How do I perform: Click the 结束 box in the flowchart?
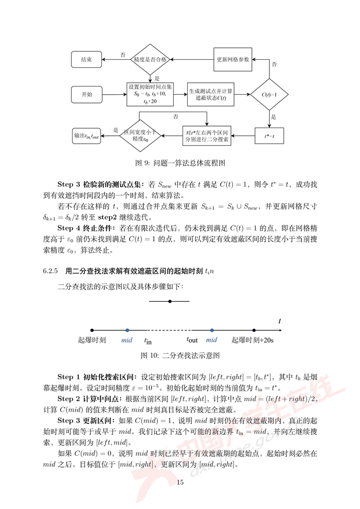pyautogui.click(x=86, y=60)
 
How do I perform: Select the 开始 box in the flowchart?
pyautogui.click(x=86, y=95)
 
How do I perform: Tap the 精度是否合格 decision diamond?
pyautogui.click(x=150, y=60)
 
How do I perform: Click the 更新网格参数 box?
pyautogui.click(x=233, y=60)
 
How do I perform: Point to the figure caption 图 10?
pyautogui.click(x=181, y=355)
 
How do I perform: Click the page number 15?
pyautogui.click(x=180, y=482)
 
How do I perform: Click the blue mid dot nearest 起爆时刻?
pyautogui.click(x=127, y=330)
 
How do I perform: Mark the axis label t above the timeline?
pyautogui.click(x=280, y=321)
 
